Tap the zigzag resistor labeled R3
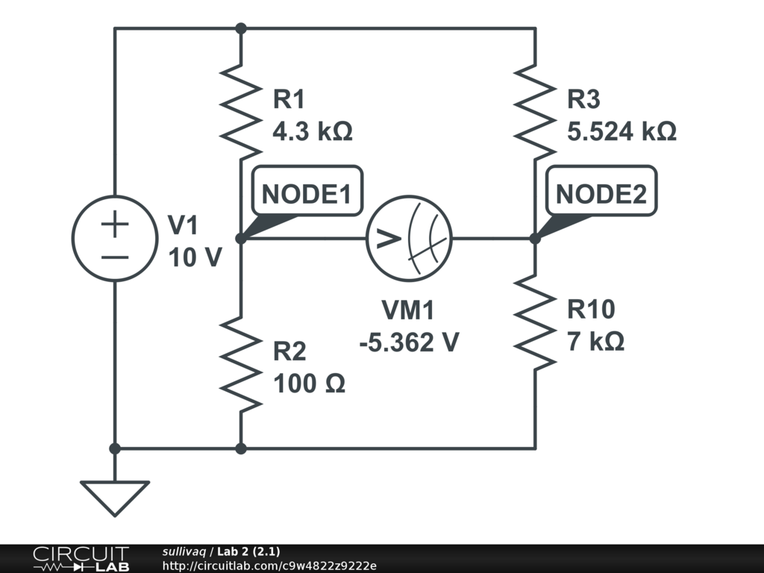coord(535,109)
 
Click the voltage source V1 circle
coord(114,239)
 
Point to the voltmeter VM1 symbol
coord(410,239)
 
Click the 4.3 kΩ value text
coord(312,132)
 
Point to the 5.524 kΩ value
coord(621,132)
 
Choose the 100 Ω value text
coord(309,384)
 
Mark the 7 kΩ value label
coord(595,342)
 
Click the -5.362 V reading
coord(409,342)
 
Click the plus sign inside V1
coord(114,224)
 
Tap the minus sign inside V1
coord(114,257)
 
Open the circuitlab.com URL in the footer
coord(269,566)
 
